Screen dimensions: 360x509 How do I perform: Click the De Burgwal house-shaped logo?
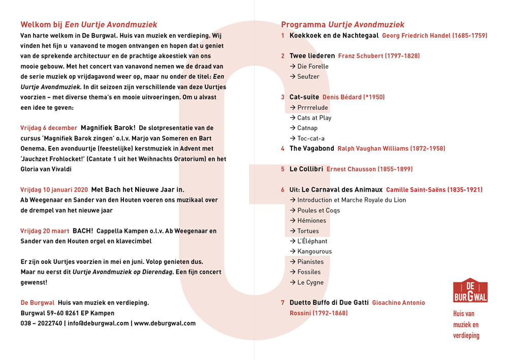(470, 291)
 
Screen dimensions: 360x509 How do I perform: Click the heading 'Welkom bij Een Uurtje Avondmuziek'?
(88, 24)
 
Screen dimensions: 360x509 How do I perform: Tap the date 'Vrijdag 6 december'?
(49, 128)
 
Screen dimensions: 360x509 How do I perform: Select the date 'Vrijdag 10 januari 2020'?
(54, 190)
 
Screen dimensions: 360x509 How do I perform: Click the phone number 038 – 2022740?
(41, 323)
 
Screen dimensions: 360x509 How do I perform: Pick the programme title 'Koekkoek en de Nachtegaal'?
(334, 36)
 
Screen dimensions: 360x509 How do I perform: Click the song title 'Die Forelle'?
(313, 66)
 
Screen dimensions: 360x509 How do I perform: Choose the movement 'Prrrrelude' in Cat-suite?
(312, 107)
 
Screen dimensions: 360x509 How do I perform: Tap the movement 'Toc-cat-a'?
(311, 138)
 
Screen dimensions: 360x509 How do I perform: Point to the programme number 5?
(283, 169)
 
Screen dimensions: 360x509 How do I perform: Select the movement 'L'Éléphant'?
(312, 241)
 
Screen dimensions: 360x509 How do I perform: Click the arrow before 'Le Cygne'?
(293, 282)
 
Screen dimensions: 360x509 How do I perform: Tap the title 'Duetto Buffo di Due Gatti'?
(329, 303)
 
